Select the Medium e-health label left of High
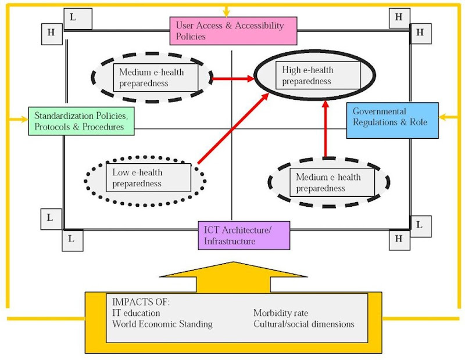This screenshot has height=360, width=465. pos(155,78)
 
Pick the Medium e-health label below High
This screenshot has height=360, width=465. pos(328,182)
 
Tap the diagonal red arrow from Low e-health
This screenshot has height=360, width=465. pos(233,128)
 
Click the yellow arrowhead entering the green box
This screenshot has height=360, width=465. pos(24,119)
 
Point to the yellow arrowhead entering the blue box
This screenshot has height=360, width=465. pos(443,117)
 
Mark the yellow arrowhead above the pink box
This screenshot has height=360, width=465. pos(226,12)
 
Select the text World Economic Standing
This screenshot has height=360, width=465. pos(162,324)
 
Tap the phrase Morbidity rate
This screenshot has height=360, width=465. pos(281,314)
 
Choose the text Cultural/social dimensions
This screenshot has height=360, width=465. pos(303,324)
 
